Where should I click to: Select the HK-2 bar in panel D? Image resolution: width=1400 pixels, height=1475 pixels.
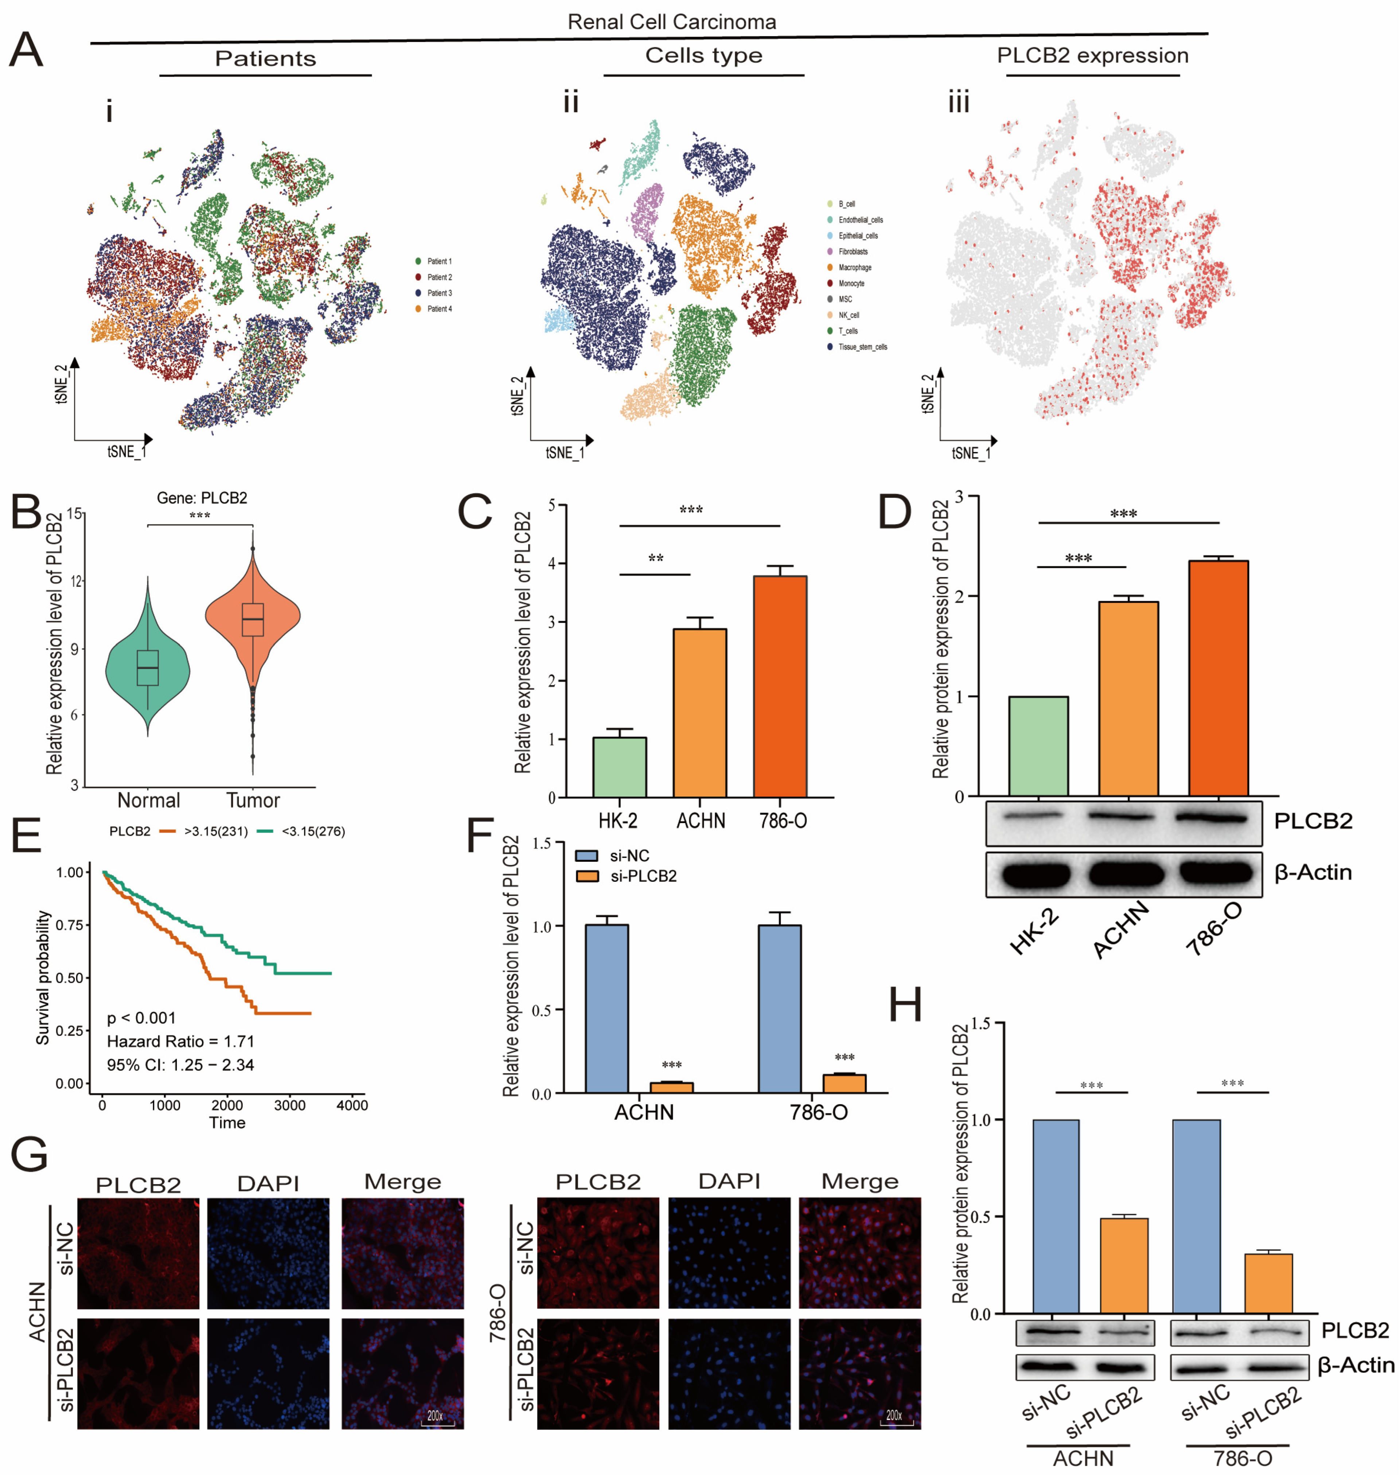[x=1038, y=746]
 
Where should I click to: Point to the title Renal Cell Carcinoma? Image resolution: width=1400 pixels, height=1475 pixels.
[x=672, y=21]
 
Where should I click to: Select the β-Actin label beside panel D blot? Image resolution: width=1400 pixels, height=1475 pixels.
[x=1313, y=872]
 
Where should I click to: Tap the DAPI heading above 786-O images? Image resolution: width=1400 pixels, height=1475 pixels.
[x=729, y=1181]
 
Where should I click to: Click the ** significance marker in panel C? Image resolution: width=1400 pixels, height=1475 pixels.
[x=655, y=559]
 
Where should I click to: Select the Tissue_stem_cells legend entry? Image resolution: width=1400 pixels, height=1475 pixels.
[x=862, y=347]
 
